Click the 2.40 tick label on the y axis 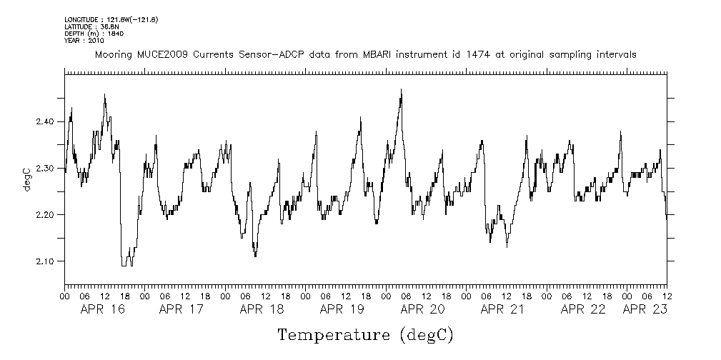tap(45, 122)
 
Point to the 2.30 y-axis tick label tap(45, 169)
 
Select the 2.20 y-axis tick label tap(45, 215)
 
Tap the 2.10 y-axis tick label tap(45, 261)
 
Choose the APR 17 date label tap(182, 309)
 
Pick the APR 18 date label tap(262, 309)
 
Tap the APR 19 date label tap(342, 309)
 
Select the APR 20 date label tap(423, 309)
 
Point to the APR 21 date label tap(503, 309)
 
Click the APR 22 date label tap(583, 309)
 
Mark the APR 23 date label tap(645, 309)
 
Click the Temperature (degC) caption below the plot tap(364, 335)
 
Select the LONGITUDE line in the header tap(110, 19)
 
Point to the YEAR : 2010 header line tap(84, 41)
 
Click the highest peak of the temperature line tap(402, 90)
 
